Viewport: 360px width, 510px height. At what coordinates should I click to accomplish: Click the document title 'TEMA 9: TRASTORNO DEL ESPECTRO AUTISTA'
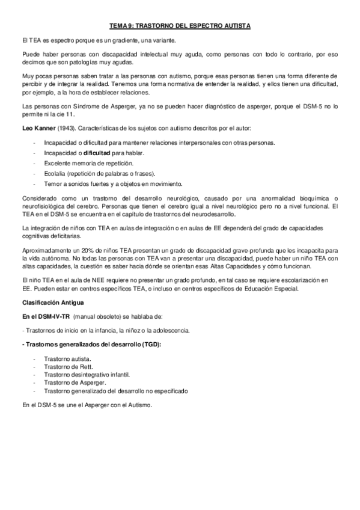pos(180,26)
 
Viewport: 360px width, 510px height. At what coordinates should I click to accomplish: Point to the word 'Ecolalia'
pos(56,173)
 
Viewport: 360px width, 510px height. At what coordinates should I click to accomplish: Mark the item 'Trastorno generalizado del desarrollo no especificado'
pos(116,390)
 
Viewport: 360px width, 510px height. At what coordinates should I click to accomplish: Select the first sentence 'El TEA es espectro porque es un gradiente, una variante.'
pos(98,40)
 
